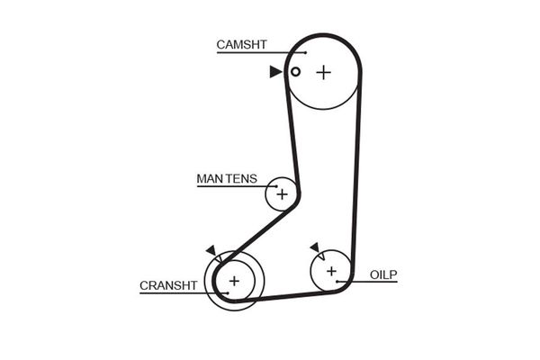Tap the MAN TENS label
pyautogui.click(x=227, y=178)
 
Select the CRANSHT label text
pyautogui.click(x=168, y=286)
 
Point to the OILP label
pyautogui.click(x=383, y=274)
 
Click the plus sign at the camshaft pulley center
pyautogui.click(x=323, y=72)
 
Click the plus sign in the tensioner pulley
pyautogui.click(x=282, y=193)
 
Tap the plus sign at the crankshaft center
pyautogui.click(x=234, y=281)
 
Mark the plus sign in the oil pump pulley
pyautogui.click(x=331, y=270)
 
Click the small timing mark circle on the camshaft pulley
pyautogui.click(x=294, y=72)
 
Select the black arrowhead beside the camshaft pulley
pyautogui.click(x=274, y=72)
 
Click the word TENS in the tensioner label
pyautogui.click(x=241, y=178)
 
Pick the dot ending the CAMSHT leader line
pyautogui.click(x=306, y=52)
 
